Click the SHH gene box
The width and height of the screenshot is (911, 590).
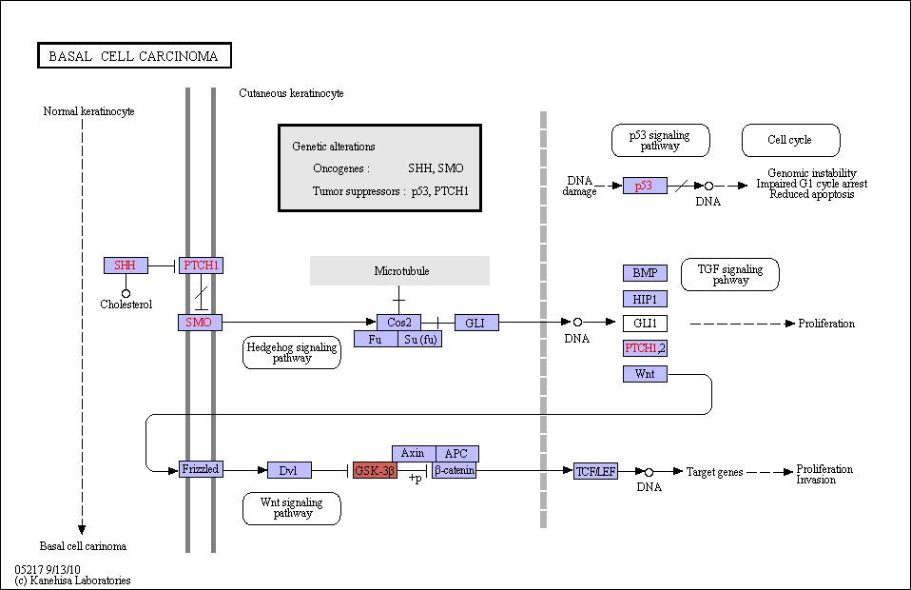[126, 265]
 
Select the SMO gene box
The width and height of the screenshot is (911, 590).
[200, 322]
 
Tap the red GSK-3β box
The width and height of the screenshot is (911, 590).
[375, 470]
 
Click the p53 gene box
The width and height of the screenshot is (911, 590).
[645, 186]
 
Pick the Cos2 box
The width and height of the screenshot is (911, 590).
[398, 322]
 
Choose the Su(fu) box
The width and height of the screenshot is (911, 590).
[420, 339]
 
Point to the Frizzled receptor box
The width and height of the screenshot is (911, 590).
[201, 469]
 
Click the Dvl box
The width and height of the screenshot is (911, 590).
[289, 470]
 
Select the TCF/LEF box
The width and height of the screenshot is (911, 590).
[595, 471]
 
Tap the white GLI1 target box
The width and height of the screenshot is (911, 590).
[645, 324]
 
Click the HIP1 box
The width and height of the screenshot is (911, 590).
[645, 299]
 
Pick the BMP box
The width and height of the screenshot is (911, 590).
[645, 273]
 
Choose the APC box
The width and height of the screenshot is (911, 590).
[457, 453]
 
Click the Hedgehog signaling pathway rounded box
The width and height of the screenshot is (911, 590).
[292, 352]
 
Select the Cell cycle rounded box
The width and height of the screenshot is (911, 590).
[791, 140]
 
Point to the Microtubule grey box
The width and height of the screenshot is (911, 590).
[399, 271]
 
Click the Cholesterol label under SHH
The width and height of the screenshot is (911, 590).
[126, 304]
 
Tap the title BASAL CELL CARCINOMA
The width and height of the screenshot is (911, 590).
[134, 56]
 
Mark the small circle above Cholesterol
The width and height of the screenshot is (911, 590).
[126, 293]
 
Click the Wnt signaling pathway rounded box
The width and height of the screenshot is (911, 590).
[292, 508]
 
